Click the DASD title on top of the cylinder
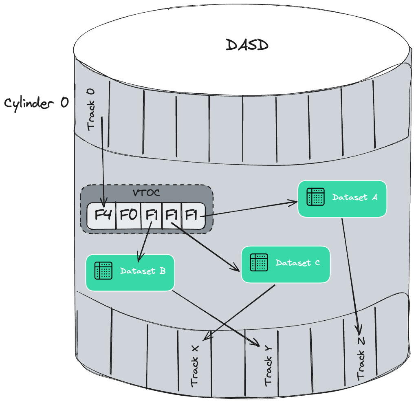click(247, 45)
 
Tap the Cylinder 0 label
click(37, 103)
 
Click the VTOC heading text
click(146, 193)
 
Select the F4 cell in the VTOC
click(103, 215)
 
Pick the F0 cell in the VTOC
click(128, 215)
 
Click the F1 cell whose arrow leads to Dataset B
click(151, 215)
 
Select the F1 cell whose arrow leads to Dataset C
click(172, 215)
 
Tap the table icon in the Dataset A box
click(315, 197)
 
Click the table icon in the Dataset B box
click(103, 271)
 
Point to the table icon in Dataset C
click(259, 262)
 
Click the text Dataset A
click(354, 197)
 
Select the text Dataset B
click(143, 271)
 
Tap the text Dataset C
click(297, 263)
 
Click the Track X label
click(195, 365)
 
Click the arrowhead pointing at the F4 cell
click(104, 204)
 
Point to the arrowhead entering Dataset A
click(294, 201)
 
